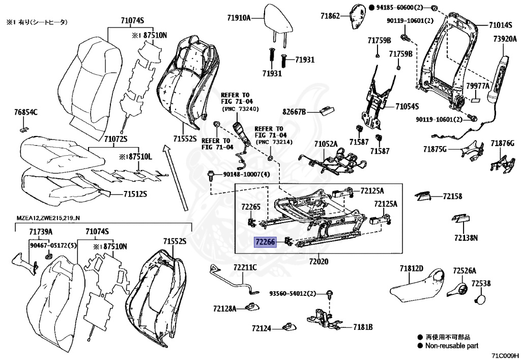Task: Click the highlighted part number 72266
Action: click(265, 244)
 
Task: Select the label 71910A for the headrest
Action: click(239, 18)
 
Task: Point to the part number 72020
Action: click(315, 262)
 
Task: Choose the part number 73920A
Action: click(505, 39)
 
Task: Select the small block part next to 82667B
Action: click(326, 109)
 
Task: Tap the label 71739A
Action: click(41, 232)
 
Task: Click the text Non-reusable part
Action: click(453, 346)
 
